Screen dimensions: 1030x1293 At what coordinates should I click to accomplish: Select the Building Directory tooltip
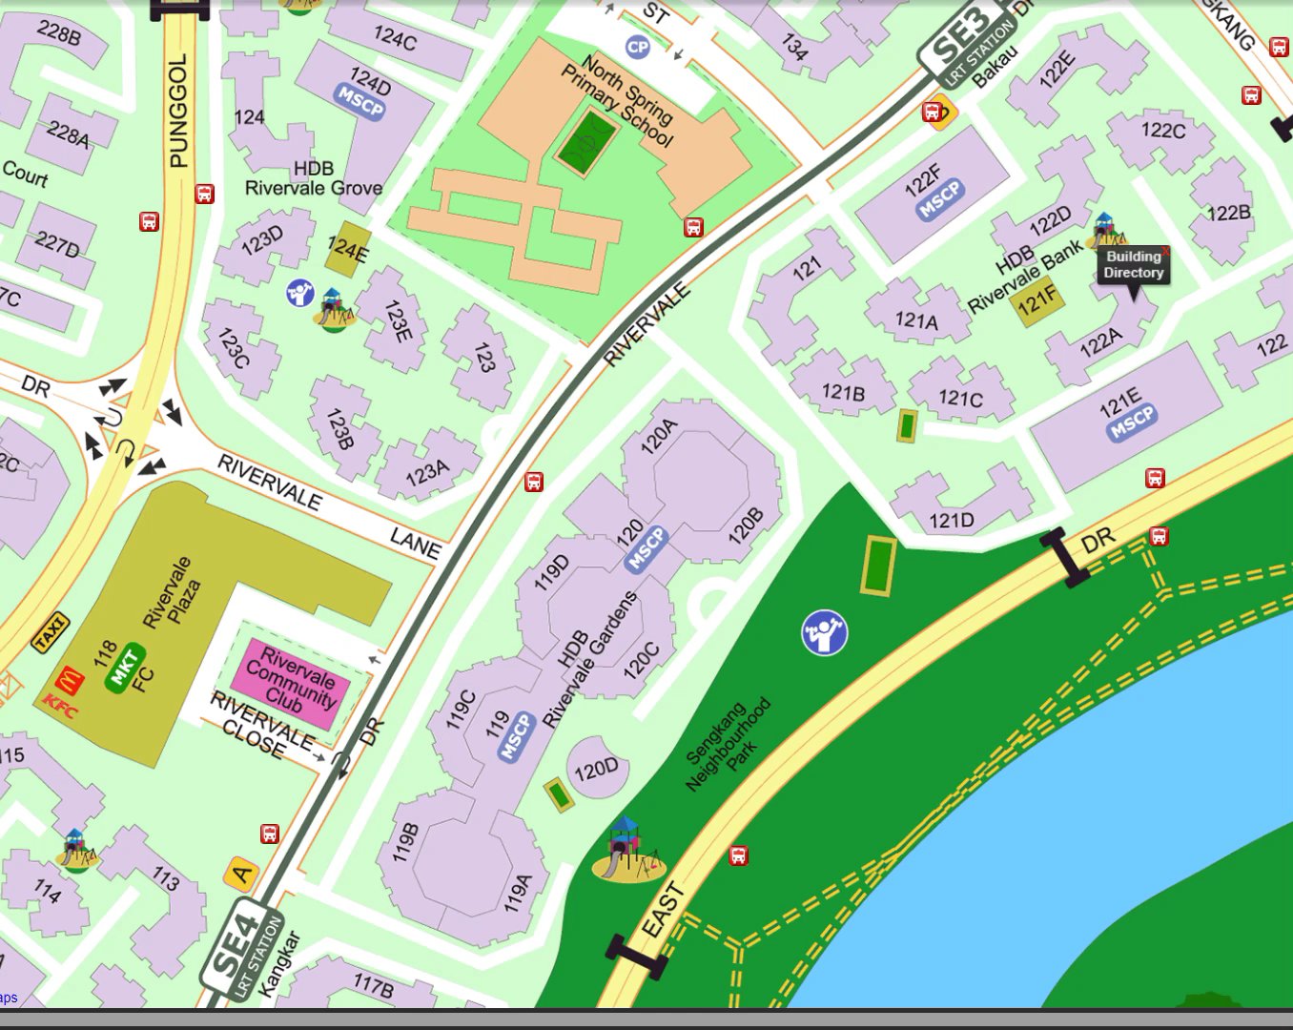tap(1133, 265)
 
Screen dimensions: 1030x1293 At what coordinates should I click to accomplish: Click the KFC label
tap(59, 708)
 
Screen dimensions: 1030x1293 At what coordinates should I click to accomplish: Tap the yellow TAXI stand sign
tap(51, 631)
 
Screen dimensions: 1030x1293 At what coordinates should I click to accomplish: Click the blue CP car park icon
tap(637, 47)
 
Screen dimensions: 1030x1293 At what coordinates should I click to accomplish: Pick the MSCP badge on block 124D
tap(360, 100)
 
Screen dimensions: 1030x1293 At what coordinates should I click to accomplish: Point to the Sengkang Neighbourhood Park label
tap(729, 745)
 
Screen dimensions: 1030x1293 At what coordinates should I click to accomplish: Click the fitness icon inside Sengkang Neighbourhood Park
tap(824, 632)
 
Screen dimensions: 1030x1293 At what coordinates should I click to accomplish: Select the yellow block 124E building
tap(348, 250)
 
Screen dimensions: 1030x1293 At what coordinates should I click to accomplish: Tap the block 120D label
tap(597, 769)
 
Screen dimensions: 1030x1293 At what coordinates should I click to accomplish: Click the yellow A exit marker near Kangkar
tap(241, 874)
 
